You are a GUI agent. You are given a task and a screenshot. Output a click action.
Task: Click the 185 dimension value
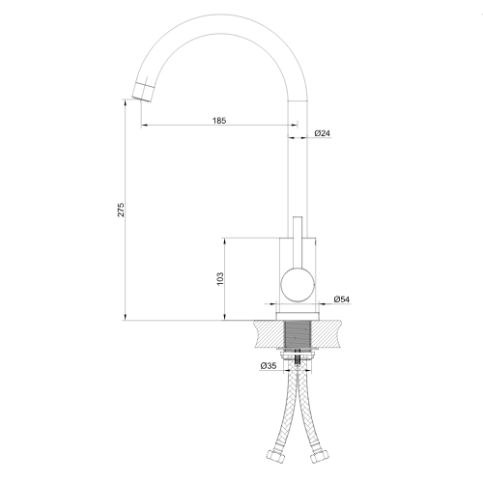point(219,121)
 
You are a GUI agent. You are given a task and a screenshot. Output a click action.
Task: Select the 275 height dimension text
point(121,210)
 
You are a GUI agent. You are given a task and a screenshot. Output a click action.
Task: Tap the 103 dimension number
point(220,279)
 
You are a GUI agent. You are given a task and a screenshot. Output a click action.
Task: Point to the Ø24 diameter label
point(323,133)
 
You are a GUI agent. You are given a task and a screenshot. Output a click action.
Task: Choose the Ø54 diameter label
point(342,299)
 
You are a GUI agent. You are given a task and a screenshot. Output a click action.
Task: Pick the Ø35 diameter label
point(269,366)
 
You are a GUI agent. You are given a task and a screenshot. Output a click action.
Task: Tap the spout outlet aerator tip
point(142,92)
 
